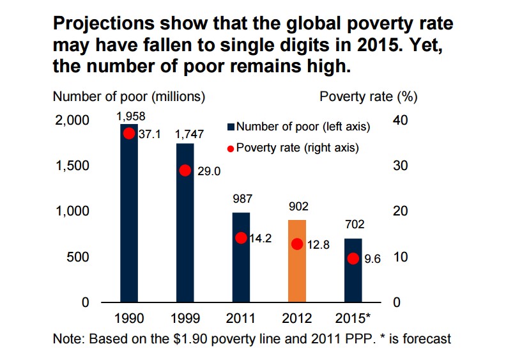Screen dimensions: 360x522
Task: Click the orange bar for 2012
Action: pos(297,261)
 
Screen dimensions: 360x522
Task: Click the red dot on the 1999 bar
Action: pos(185,170)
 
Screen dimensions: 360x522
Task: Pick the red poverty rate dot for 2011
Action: pos(241,238)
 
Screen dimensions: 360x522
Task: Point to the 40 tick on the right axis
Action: pos(397,120)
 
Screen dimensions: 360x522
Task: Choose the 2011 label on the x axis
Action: pos(241,318)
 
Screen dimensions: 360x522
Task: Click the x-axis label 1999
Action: pos(185,318)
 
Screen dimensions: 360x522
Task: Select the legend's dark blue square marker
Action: pos(232,127)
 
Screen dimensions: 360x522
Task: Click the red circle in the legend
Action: pos(232,148)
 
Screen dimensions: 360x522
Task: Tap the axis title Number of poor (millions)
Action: pos(128,97)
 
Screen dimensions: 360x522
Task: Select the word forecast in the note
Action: pos(429,338)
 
